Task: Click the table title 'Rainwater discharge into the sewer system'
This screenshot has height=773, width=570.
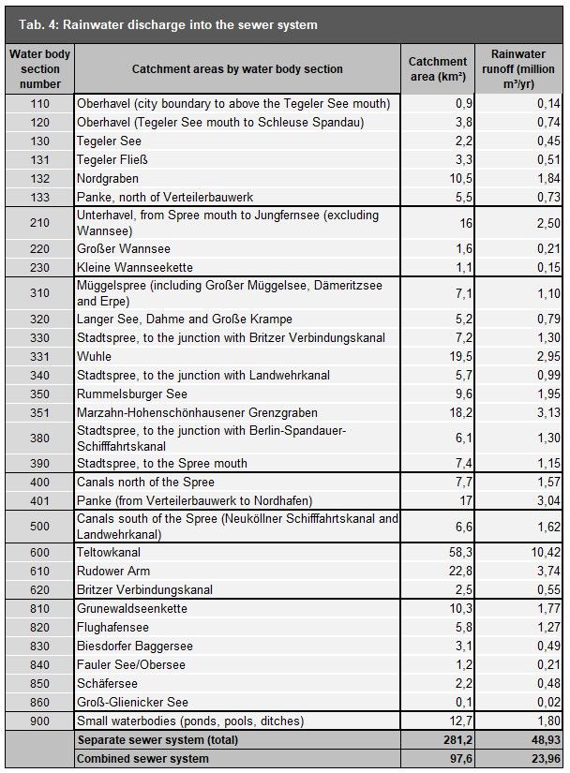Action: pyautogui.click(x=178, y=24)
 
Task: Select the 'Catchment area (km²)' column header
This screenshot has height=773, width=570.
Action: pyautogui.click(x=438, y=69)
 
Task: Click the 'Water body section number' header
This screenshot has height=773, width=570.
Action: pyautogui.click(x=39, y=69)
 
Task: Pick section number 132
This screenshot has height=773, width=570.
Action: pyautogui.click(x=39, y=178)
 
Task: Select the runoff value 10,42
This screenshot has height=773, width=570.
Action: pyautogui.click(x=541, y=553)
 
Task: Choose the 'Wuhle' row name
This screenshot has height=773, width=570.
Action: pyautogui.click(x=94, y=356)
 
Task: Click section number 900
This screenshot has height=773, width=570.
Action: pyautogui.click(x=39, y=721)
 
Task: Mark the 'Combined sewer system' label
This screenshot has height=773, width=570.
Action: pyautogui.click(x=142, y=758)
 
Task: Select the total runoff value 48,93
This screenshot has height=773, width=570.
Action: pyautogui.click(x=541, y=740)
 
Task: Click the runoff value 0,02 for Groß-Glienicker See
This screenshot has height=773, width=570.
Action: pyautogui.click(x=544, y=703)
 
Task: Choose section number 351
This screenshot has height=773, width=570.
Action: pyautogui.click(x=39, y=412)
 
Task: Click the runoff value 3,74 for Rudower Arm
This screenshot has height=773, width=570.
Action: pyautogui.click(x=544, y=572)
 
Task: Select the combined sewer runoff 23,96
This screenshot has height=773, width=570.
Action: pyautogui.click(x=541, y=758)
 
